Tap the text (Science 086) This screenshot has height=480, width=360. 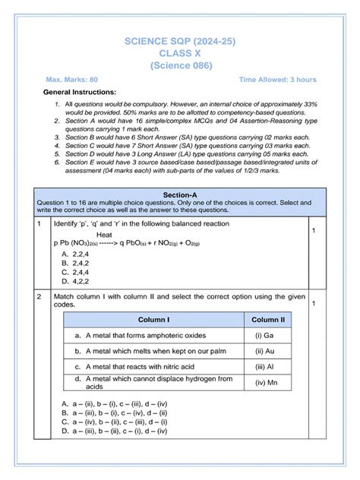181,66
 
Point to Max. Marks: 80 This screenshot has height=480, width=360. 71,79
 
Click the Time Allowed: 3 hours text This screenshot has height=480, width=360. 277,79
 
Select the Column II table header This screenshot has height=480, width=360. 267,320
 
